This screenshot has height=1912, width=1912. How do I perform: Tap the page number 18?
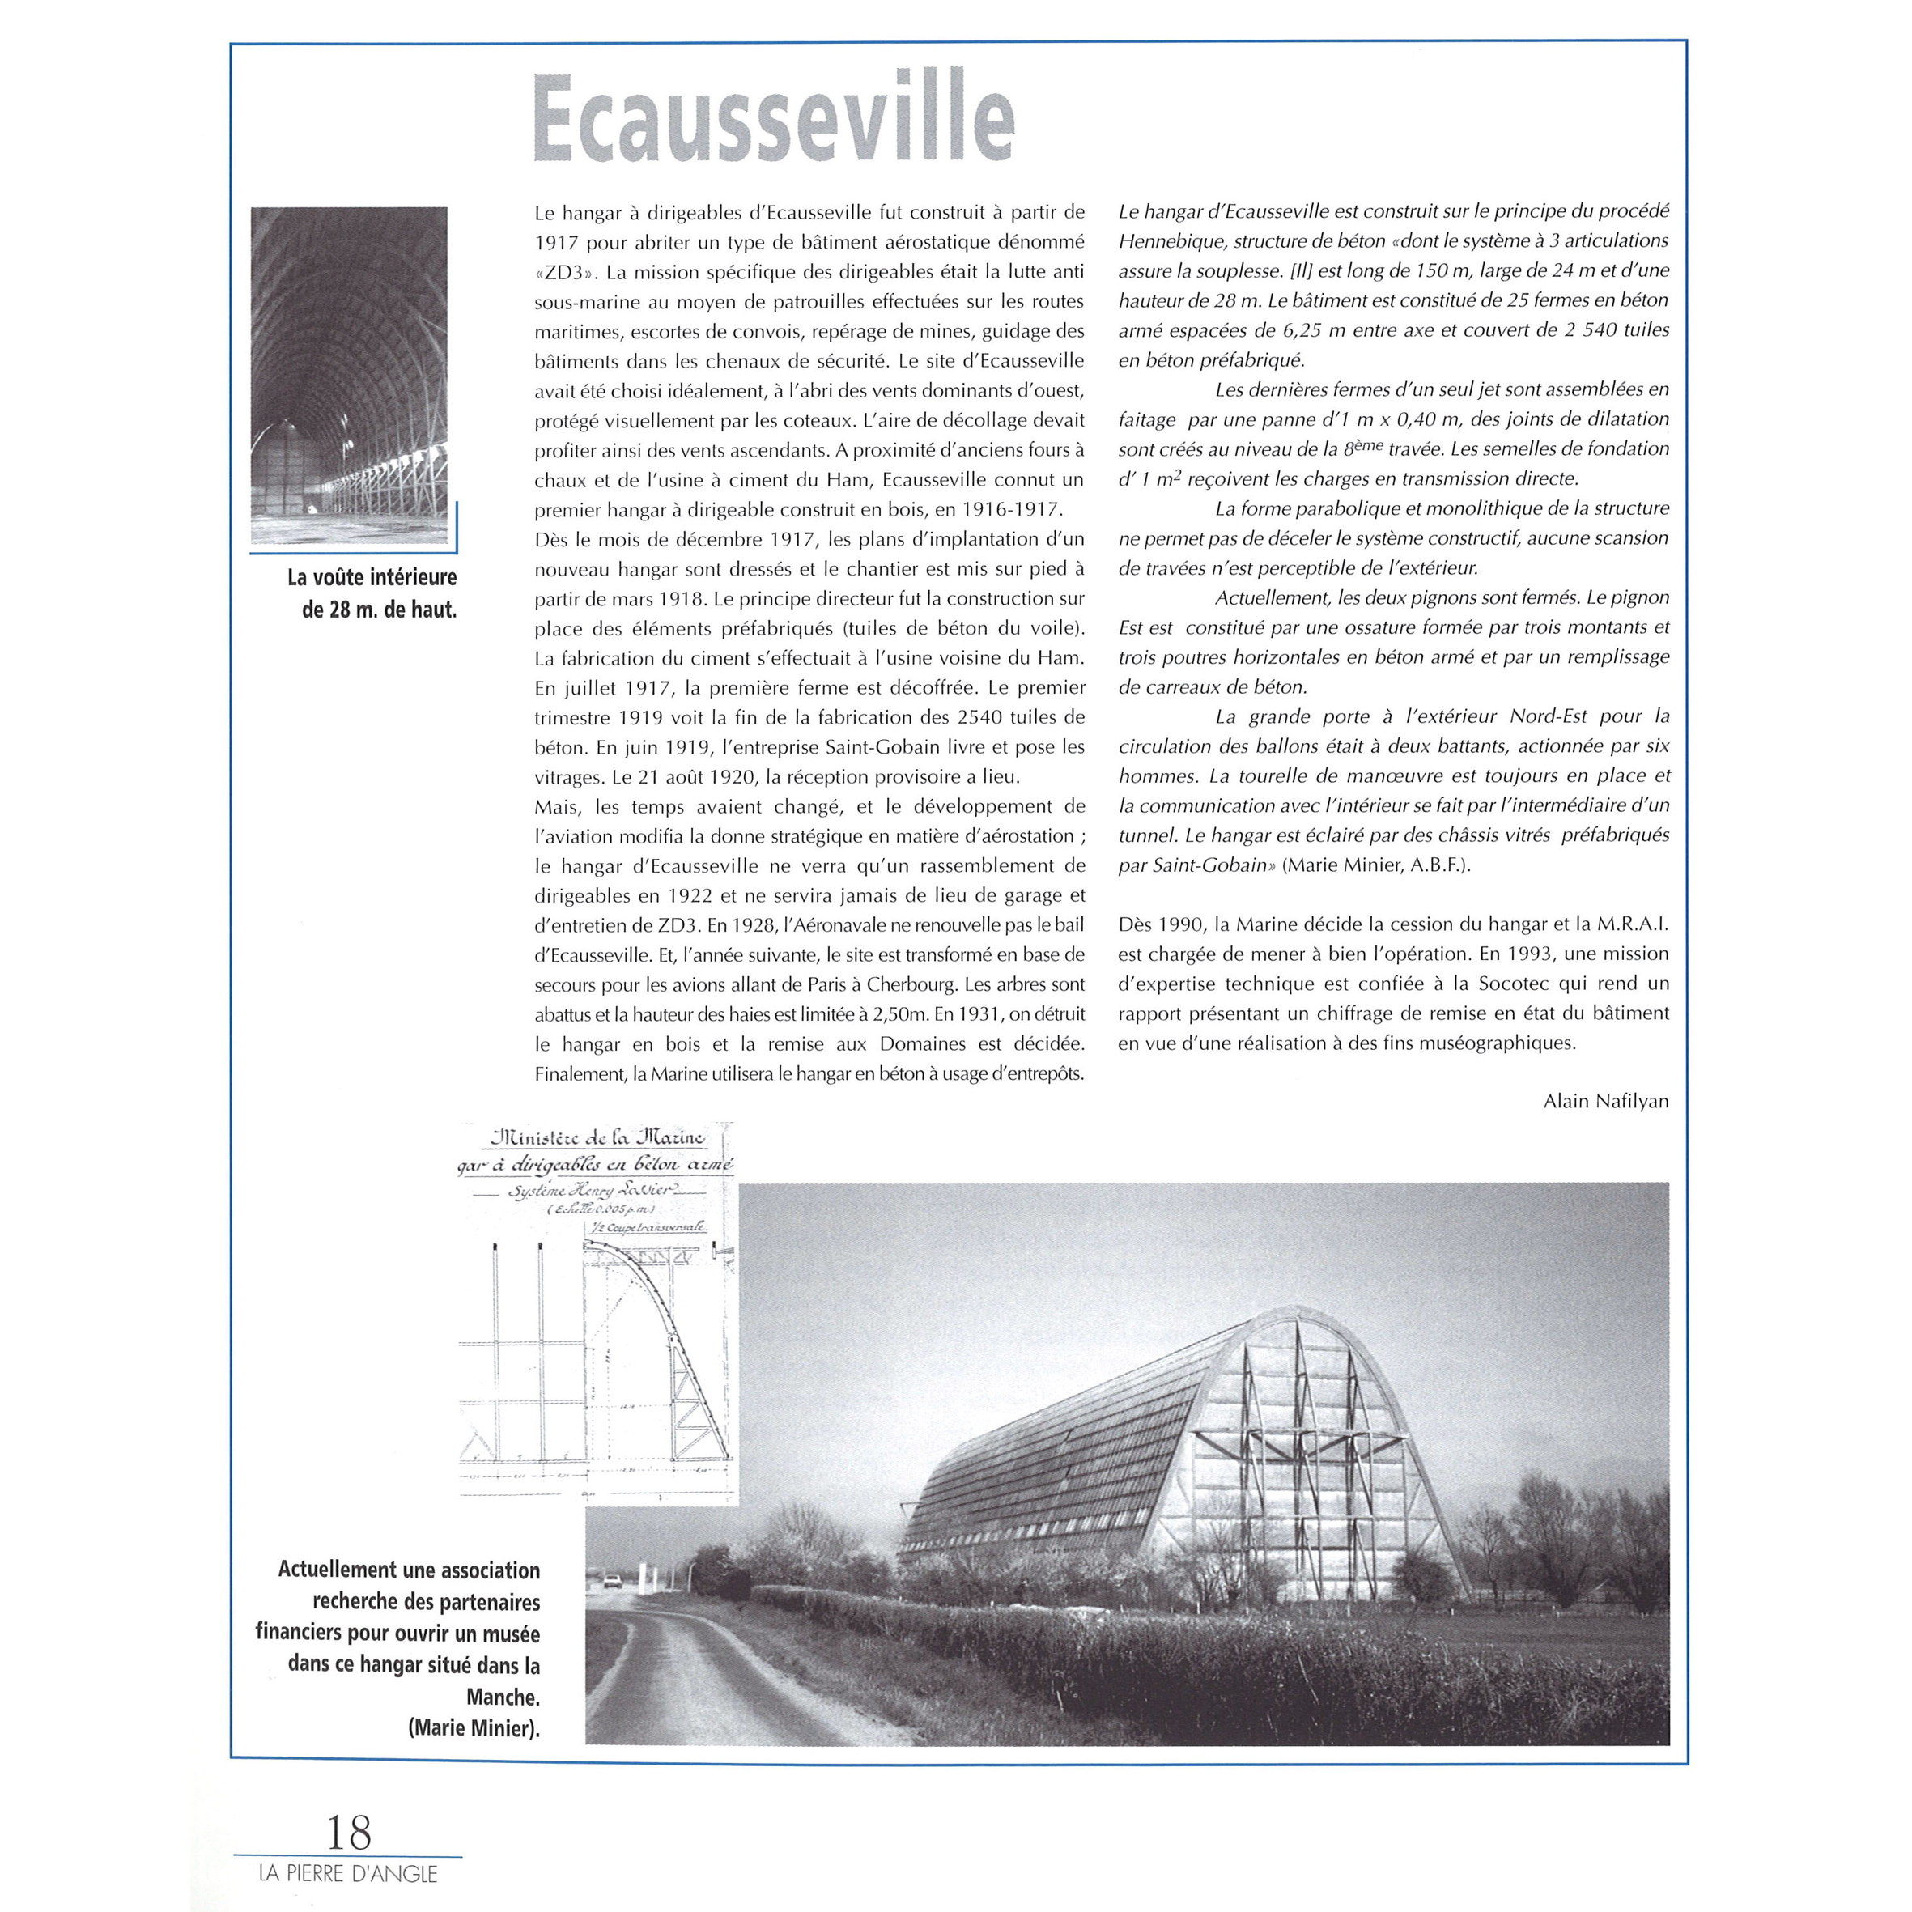click(348, 1832)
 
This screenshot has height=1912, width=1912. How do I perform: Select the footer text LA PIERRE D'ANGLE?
click(347, 1873)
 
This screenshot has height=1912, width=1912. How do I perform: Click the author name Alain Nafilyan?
click(1605, 1100)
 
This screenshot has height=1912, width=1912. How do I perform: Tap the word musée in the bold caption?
click(508, 1634)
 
